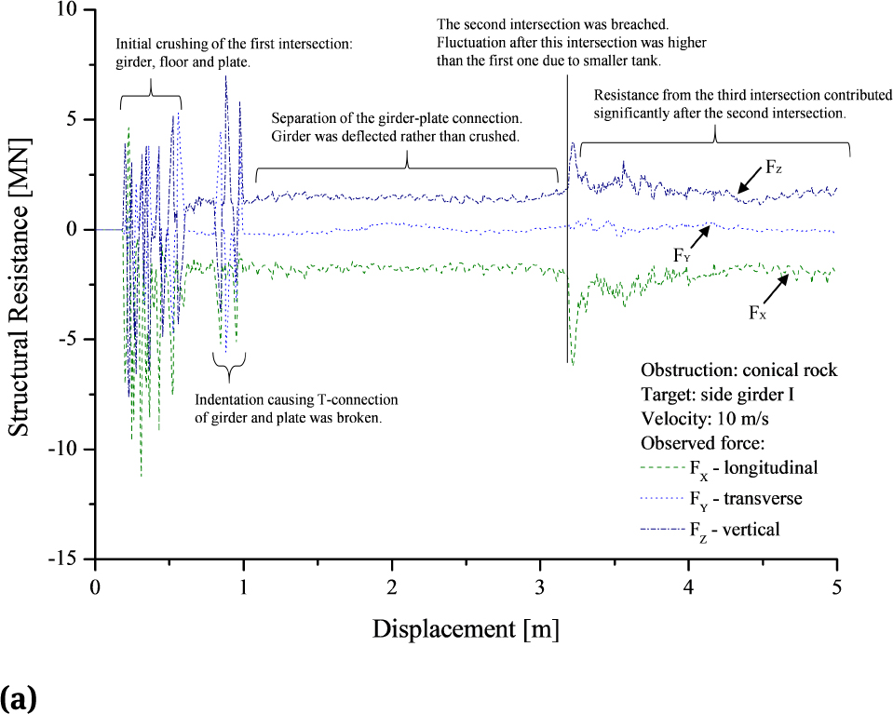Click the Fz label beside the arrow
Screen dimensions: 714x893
[775, 167]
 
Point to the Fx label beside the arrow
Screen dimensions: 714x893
[758, 313]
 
